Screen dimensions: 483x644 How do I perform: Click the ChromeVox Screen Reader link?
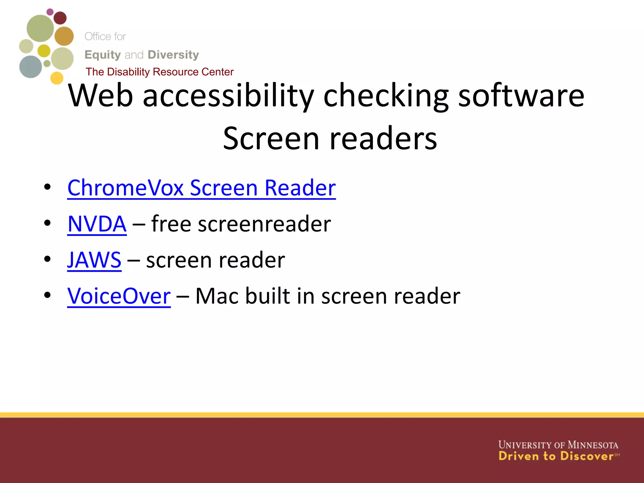(x=201, y=188)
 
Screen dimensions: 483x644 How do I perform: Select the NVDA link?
(x=97, y=224)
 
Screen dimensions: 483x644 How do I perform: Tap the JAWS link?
(x=94, y=260)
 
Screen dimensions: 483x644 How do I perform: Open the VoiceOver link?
(x=119, y=296)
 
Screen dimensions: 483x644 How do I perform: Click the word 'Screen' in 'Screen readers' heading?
(x=271, y=138)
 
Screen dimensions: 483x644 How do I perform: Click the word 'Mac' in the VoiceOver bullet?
(x=218, y=296)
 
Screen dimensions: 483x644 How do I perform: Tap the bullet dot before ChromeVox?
(x=47, y=187)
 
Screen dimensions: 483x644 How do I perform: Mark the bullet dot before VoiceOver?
(x=47, y=295)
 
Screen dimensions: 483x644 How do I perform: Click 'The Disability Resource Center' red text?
(x=159, y=72)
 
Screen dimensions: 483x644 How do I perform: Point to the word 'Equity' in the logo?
(x=103, y=55)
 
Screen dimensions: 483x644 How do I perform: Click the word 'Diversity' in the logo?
(x=173, y=55)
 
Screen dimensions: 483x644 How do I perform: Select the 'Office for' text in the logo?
(x=105, y=36)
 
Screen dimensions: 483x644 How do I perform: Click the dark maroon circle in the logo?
(x=60, y=18)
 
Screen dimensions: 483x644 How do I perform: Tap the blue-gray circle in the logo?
(x=31, y=67)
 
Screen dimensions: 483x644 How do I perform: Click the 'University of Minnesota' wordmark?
(x=558, y=445)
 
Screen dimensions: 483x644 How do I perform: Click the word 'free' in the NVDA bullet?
(x=171, y=224)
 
